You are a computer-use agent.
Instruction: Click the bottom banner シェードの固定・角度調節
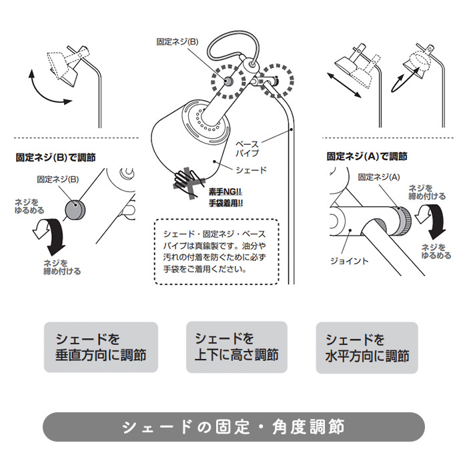[233, 426]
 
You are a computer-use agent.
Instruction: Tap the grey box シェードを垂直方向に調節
[101, 347]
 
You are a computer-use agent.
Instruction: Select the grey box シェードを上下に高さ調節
[237, 347]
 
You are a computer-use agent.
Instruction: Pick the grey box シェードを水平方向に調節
[367, 348]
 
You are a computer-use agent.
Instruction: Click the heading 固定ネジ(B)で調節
[55, 157]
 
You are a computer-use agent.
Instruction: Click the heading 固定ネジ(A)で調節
[367, 156]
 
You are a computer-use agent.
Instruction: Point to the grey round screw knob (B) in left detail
[75, 209]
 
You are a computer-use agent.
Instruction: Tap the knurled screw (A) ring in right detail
[404, 221]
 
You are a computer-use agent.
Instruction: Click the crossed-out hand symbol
[188, 182]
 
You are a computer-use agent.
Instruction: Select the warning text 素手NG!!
[225, 192]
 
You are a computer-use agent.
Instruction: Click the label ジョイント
[349, 262]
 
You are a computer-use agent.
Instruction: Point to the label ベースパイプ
[248, 149]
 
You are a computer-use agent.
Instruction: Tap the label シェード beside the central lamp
[251, 170]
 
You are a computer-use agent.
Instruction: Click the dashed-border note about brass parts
[217, 252]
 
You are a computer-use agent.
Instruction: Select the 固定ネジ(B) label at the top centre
[177, 41]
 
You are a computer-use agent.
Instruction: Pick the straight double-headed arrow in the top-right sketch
[344, 85]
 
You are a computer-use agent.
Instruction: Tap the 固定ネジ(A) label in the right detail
[379, 177]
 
